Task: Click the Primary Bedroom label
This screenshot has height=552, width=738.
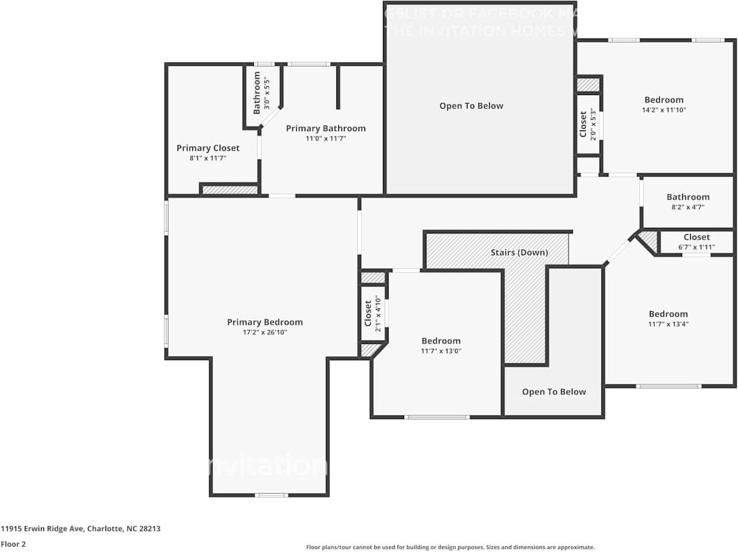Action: [x=265, y=322]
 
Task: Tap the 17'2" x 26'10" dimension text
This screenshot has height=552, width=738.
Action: [x=265, y=332]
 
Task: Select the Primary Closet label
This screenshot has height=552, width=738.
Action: [x=208, y=148]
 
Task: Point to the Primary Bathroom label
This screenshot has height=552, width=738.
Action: [x=326, y=129]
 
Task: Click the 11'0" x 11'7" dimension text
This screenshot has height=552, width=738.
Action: [x=326, y=138]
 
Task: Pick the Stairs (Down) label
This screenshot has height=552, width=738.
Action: [x=520, y=252]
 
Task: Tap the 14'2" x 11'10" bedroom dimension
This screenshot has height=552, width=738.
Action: [x=664, y=110]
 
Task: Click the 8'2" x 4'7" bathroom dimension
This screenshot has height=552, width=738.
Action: [x=688, y=207]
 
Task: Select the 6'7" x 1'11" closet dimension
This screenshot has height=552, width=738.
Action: [x=697, y=247]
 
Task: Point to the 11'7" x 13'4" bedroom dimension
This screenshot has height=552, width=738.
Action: [x=668, y=324]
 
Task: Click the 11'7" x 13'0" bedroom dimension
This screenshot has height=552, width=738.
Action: [x=441, y=351]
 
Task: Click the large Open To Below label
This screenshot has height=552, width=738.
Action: [x=471, y=106]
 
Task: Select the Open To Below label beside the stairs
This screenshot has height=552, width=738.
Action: [x=554, y=392]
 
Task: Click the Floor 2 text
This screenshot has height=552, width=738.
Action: [x=14, y=544]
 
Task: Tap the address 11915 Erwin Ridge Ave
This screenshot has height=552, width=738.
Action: [x=81, y=529]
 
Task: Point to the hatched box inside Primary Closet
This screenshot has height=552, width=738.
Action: [x=230, y=189]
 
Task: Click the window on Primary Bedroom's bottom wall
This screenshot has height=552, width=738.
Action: [x=272, y=495]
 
